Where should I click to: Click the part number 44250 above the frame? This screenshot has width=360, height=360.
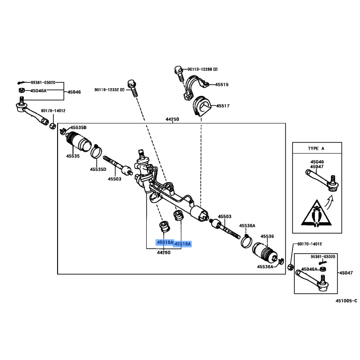click(x=172, y=119)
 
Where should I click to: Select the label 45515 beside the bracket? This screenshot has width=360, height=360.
click(x=221, y=84)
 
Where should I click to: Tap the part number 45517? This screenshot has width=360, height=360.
click(x=223, y=106)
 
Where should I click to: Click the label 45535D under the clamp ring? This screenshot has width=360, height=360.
click(x=97, y=169)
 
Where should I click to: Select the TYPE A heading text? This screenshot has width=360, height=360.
click(x=315, y=148)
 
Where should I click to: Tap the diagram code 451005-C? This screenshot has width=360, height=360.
click(x=346, y=301)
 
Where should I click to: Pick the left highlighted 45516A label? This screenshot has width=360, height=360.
click(x=165, y=243)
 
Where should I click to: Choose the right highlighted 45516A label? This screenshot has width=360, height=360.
click(x=183, y=244)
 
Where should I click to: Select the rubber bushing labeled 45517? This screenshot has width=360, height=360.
click(x=201, y=108)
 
